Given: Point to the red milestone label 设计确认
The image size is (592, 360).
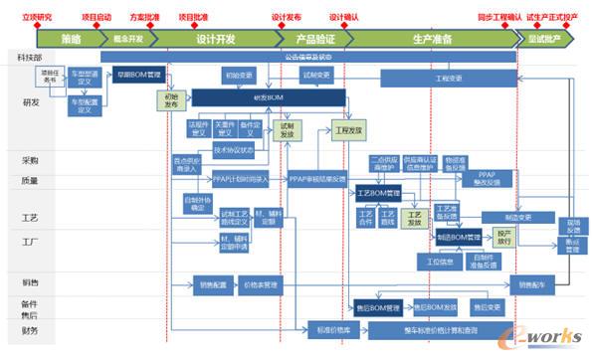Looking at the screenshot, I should click(344, 18).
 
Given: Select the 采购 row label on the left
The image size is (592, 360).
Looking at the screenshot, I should click(30, 159).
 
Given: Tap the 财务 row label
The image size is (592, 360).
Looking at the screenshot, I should click(30, 330).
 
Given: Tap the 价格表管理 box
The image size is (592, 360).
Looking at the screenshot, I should click(263, 284).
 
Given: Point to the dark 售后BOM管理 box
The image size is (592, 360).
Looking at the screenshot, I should click(379, 307).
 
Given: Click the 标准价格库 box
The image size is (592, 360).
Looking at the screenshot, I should click(334, 329).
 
